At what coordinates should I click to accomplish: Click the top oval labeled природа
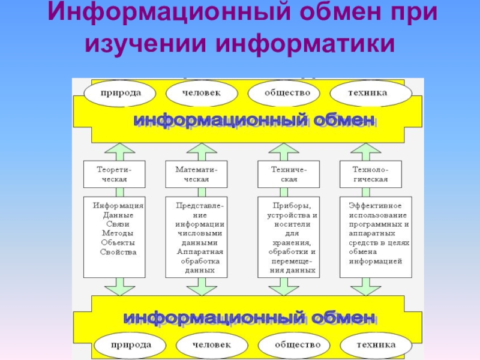(121, 93)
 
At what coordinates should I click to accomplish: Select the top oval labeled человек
(202, 93)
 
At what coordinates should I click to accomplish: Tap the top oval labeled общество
(287, 93)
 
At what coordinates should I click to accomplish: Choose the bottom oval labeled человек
(211, 346)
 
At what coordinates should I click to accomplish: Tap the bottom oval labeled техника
(376, 346)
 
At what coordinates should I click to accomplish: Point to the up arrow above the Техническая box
(280, 151)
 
